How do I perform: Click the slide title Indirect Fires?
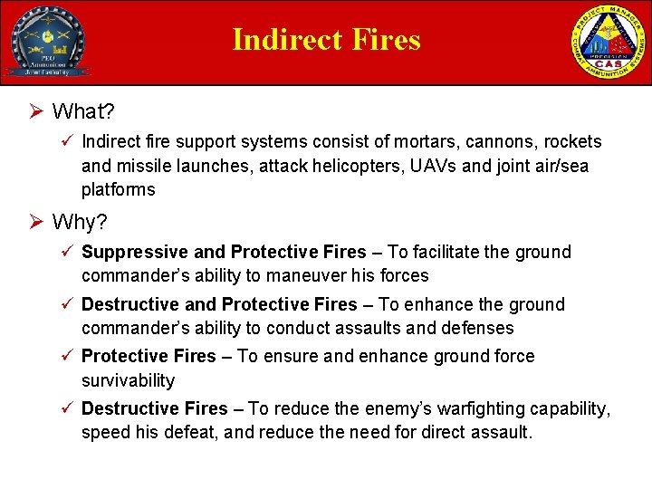click(326, 40)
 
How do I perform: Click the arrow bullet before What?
click(36, 112)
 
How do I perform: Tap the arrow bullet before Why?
click(36, 222)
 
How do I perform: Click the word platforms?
click(118, 189)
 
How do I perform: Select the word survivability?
click(129, 380)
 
